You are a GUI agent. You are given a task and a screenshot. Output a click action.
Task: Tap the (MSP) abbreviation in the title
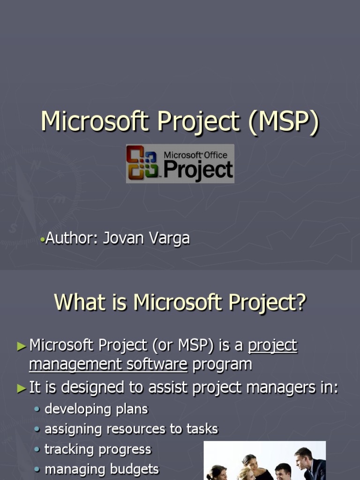coord(284,122)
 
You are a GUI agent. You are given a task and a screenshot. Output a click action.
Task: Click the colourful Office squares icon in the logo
coord(142,163)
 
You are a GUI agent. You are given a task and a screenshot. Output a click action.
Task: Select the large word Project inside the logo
coord(198,170)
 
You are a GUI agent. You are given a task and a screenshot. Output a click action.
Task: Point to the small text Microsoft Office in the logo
coord(195,155)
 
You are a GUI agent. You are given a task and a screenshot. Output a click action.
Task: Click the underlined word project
coord(272,346)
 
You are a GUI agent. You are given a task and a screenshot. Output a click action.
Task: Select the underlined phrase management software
coord(108,365)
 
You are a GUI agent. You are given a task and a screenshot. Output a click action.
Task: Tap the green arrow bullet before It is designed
coord(22,388)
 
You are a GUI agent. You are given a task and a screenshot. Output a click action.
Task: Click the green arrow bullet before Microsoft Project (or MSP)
coord(22,346)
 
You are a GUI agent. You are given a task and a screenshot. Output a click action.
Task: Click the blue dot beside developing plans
coord(37,409)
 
